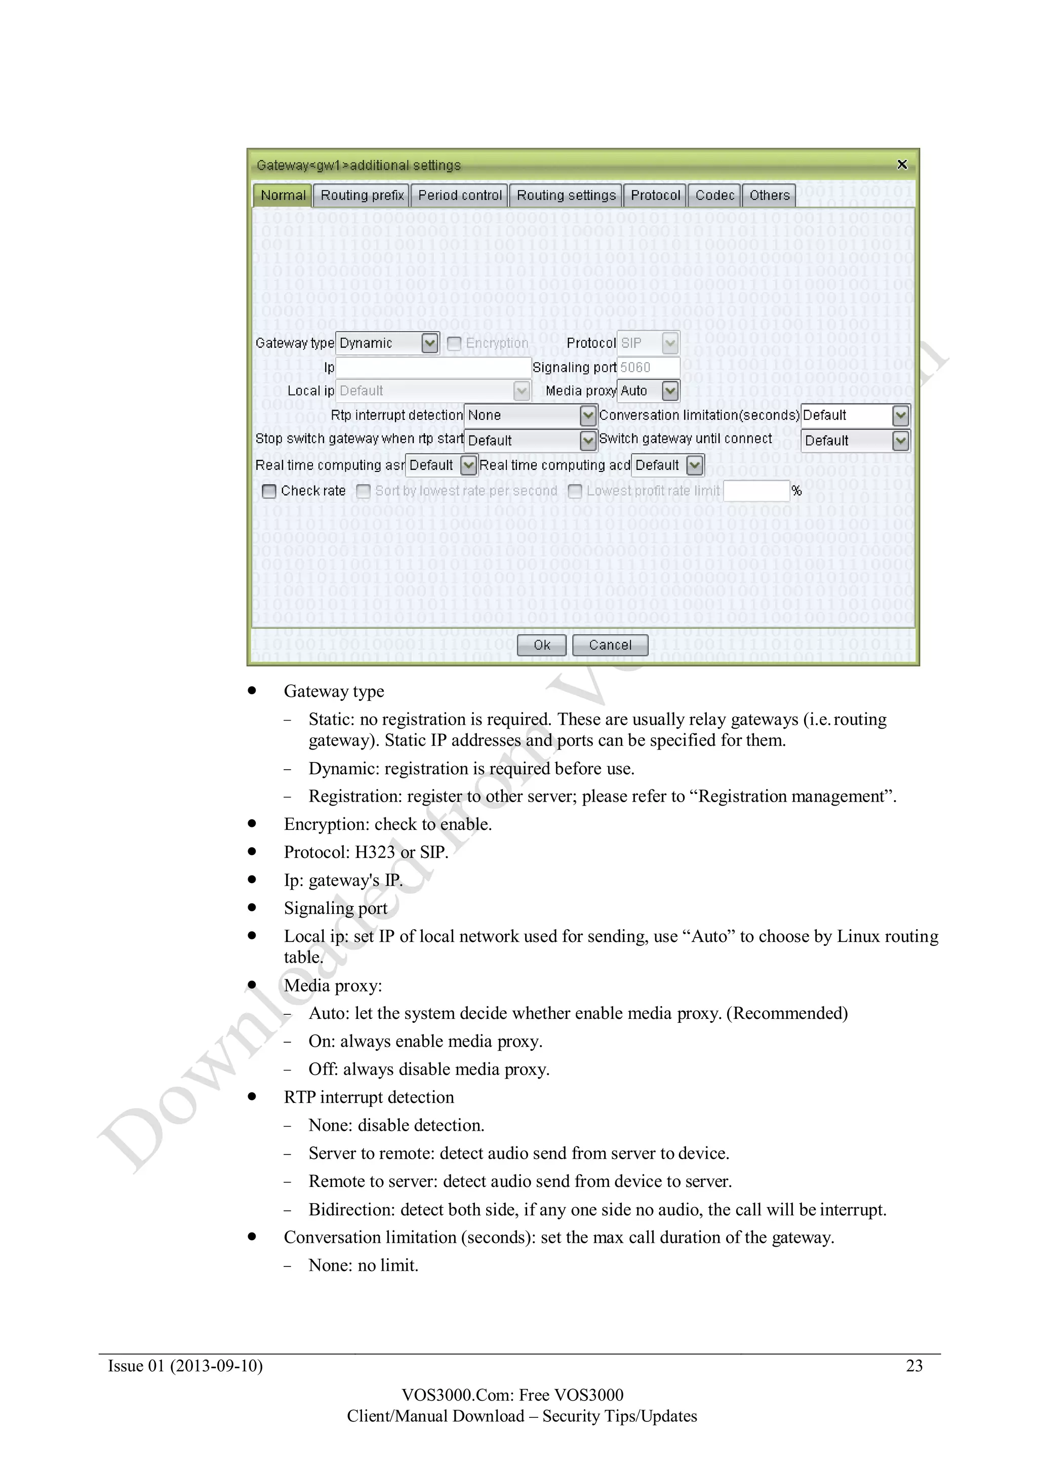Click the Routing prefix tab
pyautogui.click(x=362, y=195)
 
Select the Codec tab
pyautogui.click(x=714, y=195)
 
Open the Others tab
pyautogui.click(x=769, y=195)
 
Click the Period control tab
pyautogui.click(x=459, y=195)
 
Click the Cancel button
pyautogui.click(x=610, y=645)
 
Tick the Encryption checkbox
pyautogui.click(x=454, y=343)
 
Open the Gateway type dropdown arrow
pyautogui.click(x=430, y=343)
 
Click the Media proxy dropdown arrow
pyautogui.click(x=669, y=390)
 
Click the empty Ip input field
pyautogui.click(x=433, y=368)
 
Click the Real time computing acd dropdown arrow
pyautogui.click(x=695, y=465)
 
